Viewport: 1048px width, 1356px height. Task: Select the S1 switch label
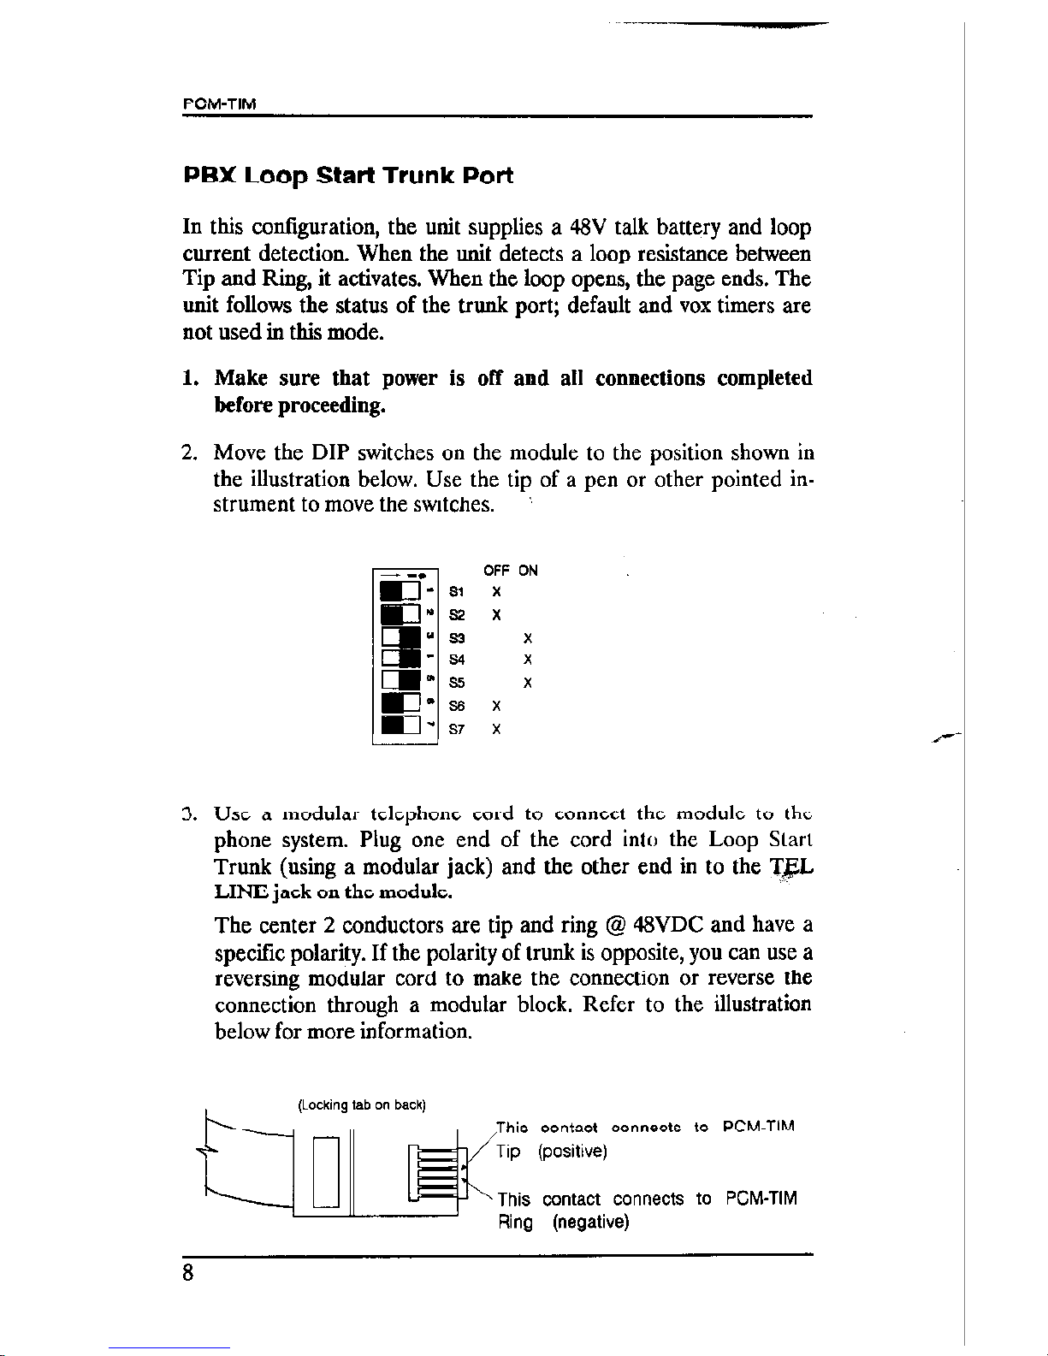tap(458, 592)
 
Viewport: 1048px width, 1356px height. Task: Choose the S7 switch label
tap(458, 730)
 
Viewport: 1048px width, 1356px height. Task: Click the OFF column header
tap(496, 571)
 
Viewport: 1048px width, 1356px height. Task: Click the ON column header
tap(529, 571)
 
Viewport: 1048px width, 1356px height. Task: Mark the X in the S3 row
tap(529, 638)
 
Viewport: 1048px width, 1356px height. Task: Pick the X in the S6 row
tap(496, 707)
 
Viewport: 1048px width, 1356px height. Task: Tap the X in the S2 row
tap(496, 615)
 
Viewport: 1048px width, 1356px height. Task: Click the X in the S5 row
tap(529, 684)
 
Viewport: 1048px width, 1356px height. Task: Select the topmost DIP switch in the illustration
tap(400, 591)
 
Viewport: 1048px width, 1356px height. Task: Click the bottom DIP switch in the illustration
tap(400, 727)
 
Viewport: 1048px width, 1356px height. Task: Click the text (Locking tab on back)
tap(361, 1104)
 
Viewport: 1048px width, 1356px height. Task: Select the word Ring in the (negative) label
tap(516, 1223)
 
